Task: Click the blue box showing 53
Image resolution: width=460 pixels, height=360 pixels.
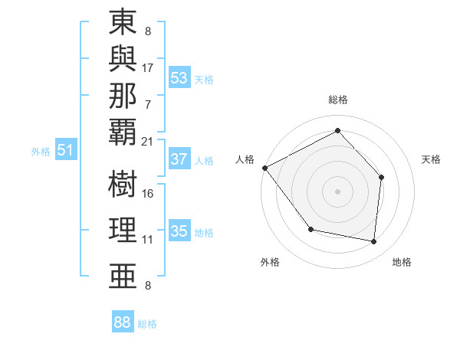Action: pyautogui.click(x=179, y=78)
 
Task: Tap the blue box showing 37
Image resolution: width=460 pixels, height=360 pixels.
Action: pyautogui.click(x=179, y=160)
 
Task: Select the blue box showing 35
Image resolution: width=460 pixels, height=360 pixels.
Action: pyautogui.click(x=179, y=231)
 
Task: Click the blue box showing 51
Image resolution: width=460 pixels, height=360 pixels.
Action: pyautogui.click(x=66, y=150)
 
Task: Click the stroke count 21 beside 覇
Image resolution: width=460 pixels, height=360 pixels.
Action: pyautogui.click(x=147, y=141)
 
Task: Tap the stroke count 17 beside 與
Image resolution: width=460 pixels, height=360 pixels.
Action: pyautogui.click(x=147, y=67)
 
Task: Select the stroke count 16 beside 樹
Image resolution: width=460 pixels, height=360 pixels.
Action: pyautogui.click(x=147, y=194)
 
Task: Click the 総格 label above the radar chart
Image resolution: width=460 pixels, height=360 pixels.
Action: pyautogui.click(x=337, y=100)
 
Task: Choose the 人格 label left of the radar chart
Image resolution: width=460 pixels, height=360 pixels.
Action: pyautogui.click(x=245, y=159)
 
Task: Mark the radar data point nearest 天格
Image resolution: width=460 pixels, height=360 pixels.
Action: pyautogui.click(x=382, y=178)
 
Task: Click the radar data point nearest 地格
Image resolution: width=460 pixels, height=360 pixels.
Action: pyautogui.click(x=373, y=241)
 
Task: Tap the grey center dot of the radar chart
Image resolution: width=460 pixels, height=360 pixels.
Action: pyautogui.click(x=337, y=191)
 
